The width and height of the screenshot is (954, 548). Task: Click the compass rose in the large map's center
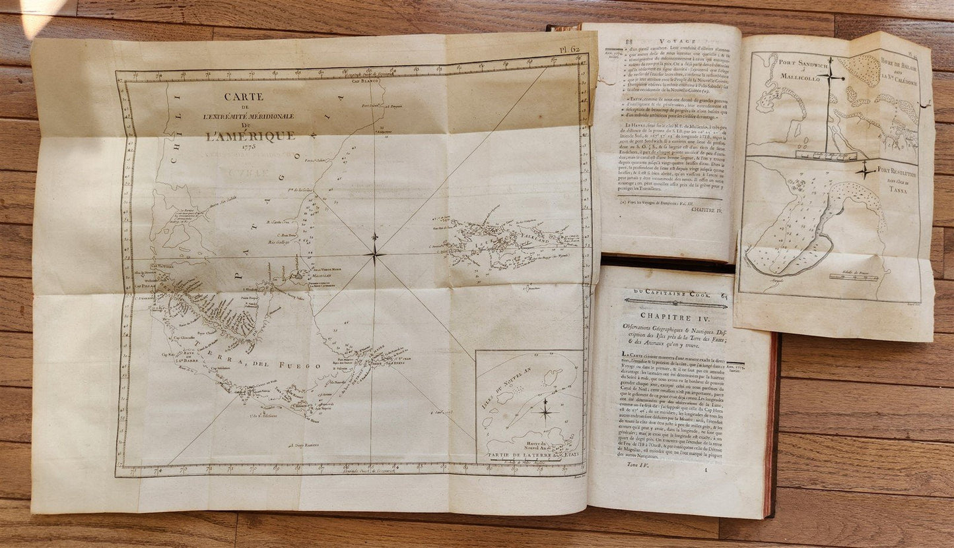pos(375,251)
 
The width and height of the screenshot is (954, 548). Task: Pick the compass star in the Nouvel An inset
pos(546,411)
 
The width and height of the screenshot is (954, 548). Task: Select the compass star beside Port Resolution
pos(864,171)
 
